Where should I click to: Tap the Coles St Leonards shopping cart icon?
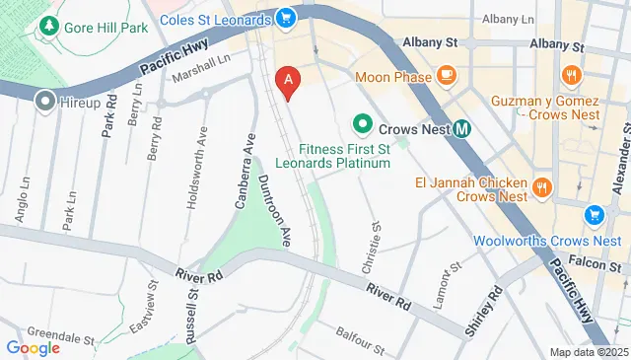pos(286,18)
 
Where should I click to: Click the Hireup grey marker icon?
pos(43,101)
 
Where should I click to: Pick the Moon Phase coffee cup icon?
pos(446,74)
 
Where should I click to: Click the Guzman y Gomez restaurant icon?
pos(570,74)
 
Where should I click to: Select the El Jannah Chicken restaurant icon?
pos(541,186)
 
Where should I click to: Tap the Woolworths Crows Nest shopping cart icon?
pos(593,215)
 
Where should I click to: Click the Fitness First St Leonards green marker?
pos(362,126)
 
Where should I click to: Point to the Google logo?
pos(33,347)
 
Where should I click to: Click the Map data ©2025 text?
pos(588,352)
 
